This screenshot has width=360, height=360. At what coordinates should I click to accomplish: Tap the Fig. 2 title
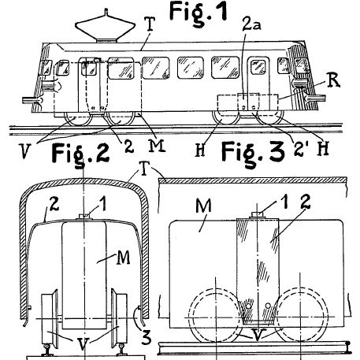pos(80,154)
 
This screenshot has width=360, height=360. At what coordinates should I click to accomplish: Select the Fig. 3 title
pos(253,152)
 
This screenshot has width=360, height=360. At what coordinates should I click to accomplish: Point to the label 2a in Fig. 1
pos(251,25)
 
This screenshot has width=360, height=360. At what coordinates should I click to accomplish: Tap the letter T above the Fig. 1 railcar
pos(150,24)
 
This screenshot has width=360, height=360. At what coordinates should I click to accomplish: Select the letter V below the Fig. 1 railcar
pos(25,151)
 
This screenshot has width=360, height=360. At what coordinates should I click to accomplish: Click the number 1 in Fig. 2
pos(103,204)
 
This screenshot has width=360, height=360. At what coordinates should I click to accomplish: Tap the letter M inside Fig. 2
pos(123,258)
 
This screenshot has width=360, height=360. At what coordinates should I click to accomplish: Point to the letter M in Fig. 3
pos(203,206)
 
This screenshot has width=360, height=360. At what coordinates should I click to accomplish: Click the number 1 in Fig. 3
pos(284,202)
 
